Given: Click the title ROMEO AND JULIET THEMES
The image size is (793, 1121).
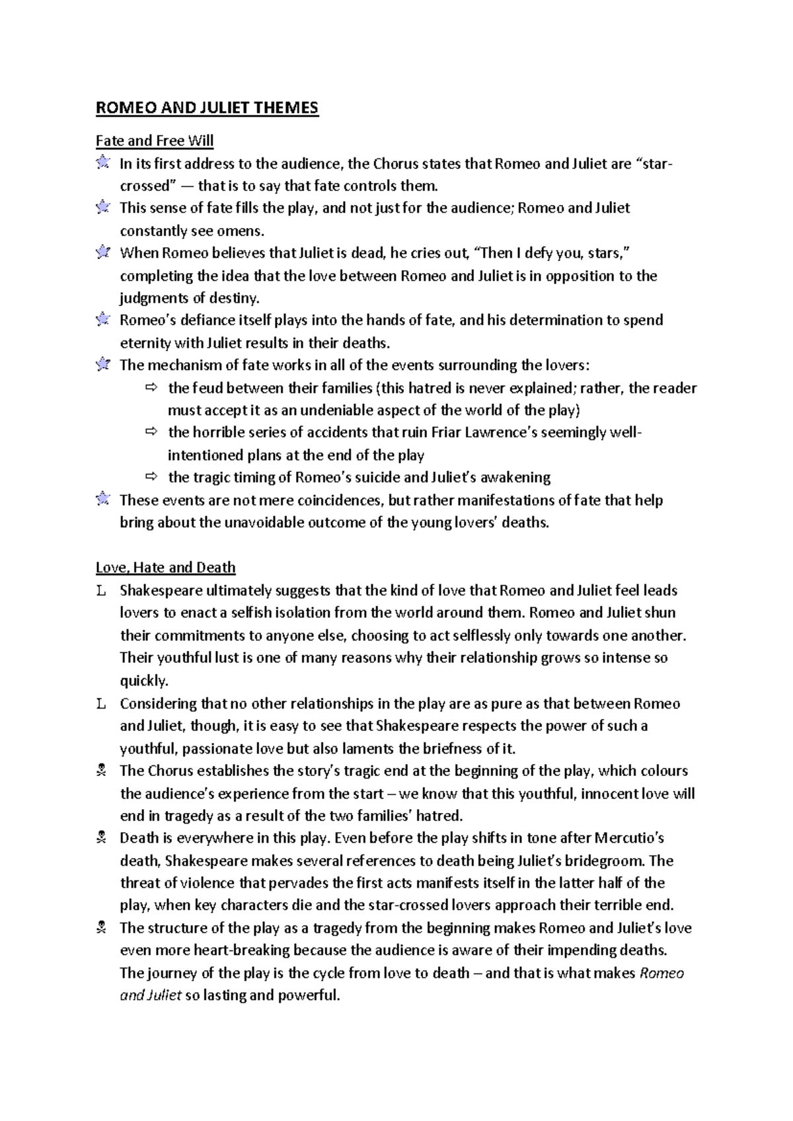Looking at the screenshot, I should (207, 108).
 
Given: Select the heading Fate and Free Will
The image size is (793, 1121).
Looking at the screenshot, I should (155, 141).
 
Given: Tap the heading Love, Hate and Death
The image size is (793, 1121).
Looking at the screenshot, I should (165, 567).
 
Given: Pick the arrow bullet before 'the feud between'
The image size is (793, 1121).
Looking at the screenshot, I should (151, 387).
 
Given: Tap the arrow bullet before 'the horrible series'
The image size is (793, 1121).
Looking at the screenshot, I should (151, 432).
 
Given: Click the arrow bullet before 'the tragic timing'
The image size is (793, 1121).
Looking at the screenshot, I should (151, 477).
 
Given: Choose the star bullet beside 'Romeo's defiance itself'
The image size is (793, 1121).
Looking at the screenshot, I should (102, 320).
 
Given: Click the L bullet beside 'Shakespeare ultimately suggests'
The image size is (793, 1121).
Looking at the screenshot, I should (101, 591).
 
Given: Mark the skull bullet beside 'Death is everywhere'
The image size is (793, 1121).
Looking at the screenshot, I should (101, 839).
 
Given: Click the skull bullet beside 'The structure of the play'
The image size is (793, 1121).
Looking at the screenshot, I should (101, 928).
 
